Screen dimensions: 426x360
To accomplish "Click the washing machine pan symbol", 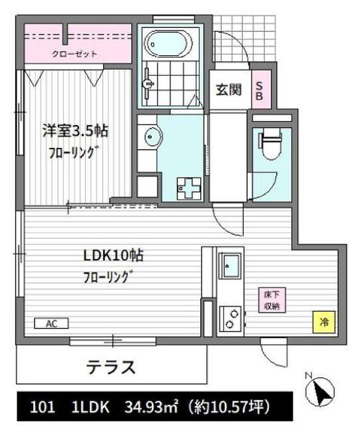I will click(x=187, y=188).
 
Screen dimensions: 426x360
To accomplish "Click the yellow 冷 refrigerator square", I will click(x=323, y=322).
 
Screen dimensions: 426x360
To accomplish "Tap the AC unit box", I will click(x=51, y=324).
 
